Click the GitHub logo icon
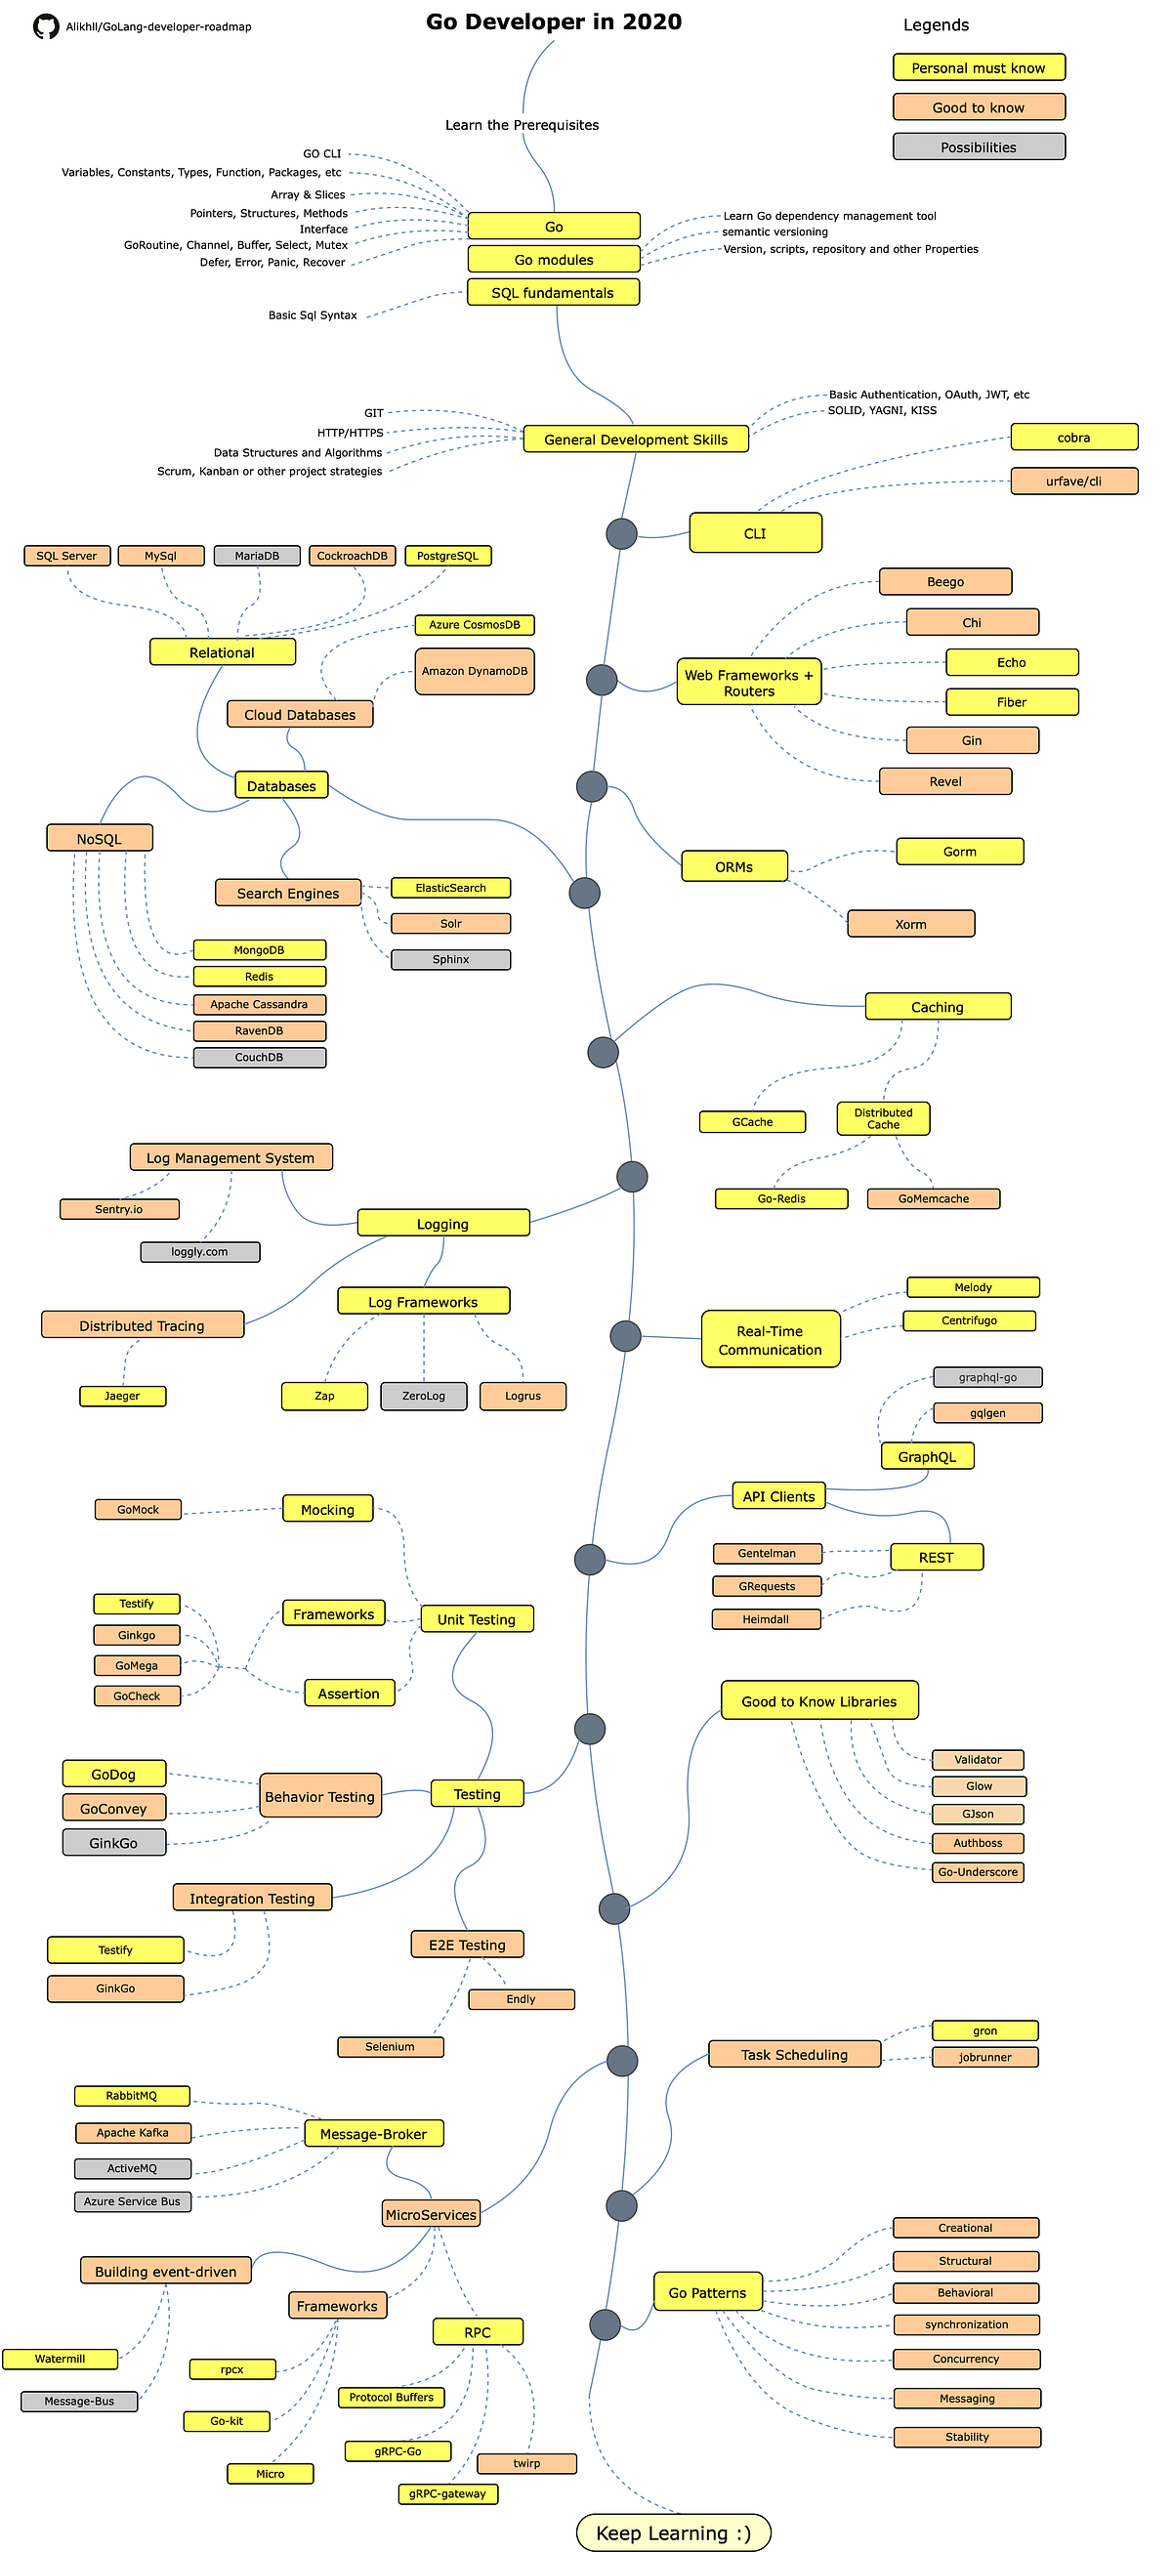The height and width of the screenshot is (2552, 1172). point(46,26)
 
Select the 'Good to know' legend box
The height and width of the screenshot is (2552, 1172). point(978,107)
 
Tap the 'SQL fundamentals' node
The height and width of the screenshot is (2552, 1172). point(553,292)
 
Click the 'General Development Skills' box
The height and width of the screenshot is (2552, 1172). point(635,439)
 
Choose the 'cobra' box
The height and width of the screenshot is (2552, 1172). point(1074,437)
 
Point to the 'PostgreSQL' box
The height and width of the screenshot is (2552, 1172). point(447,556)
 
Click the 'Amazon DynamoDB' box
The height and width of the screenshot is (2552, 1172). point(475,671)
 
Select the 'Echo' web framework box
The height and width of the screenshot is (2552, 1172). point(1012,662)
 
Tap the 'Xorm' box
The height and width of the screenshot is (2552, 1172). point(910,923)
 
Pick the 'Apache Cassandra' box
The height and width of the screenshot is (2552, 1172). point(259,1004)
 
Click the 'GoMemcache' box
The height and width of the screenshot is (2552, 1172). point(934,1198)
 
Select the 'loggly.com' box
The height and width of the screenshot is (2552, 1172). point(200,1251)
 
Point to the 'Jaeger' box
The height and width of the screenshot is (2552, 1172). point(122,1396)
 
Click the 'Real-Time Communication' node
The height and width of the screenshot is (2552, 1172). point(770,1339)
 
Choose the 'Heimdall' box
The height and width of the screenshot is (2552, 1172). point(766,1618)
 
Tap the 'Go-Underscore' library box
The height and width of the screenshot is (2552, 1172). point(978,1871)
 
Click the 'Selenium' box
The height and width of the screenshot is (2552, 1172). point(390,2046)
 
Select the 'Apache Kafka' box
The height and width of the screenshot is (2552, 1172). point(133,2132)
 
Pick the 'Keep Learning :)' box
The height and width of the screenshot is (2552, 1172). point(674,2532)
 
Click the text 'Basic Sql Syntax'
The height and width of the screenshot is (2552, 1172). point(314,315)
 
